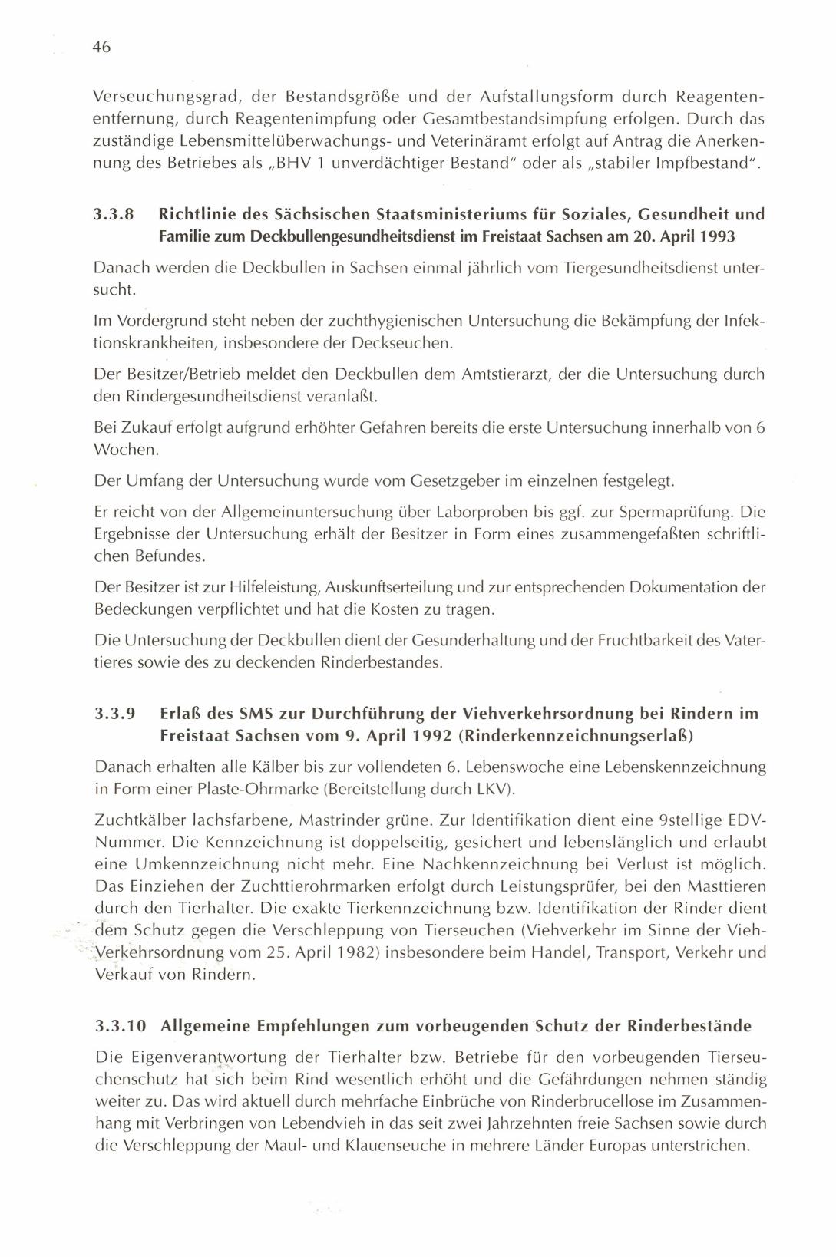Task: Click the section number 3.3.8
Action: point(114,214)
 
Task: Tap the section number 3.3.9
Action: point(114,714)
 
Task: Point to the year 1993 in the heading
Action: point(718,236)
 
